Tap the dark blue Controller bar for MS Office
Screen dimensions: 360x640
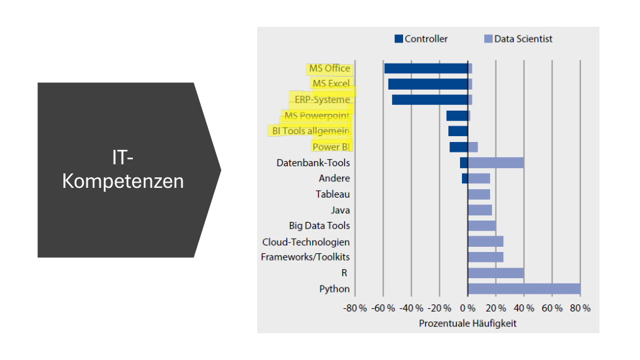coord(425,68)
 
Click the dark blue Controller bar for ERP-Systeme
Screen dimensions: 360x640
coord(429,99)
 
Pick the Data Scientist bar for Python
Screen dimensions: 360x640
coord(524,289)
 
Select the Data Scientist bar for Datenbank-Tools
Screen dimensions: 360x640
coord(495,163)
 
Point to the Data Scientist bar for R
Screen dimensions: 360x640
coord(495,273)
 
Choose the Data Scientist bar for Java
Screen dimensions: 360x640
coord(480,210)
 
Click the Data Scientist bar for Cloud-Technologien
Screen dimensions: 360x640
coord(486,242)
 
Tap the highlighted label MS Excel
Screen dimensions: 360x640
coord(331,84)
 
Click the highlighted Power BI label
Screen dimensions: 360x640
coord(330,147)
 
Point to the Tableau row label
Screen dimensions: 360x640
coord(332,194)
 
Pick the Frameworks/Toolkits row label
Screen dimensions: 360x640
coord(305,257)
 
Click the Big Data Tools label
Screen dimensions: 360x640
coord(319,226)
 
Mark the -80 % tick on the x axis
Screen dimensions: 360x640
coord(354,308)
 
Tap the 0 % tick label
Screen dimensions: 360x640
coord(467,308)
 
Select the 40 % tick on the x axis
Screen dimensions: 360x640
coord(524,308)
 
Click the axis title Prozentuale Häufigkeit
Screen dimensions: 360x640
coord(467,323)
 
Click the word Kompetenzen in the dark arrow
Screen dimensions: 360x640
coord(123,181)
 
